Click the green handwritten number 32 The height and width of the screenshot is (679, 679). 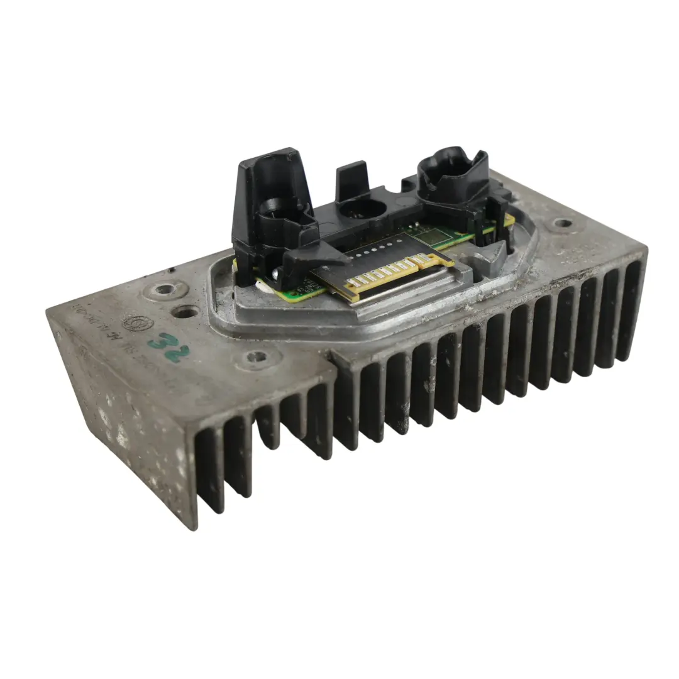tap(162, 343)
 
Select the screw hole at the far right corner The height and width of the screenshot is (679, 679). tap(561, 223)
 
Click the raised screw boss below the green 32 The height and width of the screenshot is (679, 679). tap(257, 357)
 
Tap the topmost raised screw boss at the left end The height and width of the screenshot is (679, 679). tap(163, 290)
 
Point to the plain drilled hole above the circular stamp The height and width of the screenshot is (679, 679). tap(185, 311)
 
